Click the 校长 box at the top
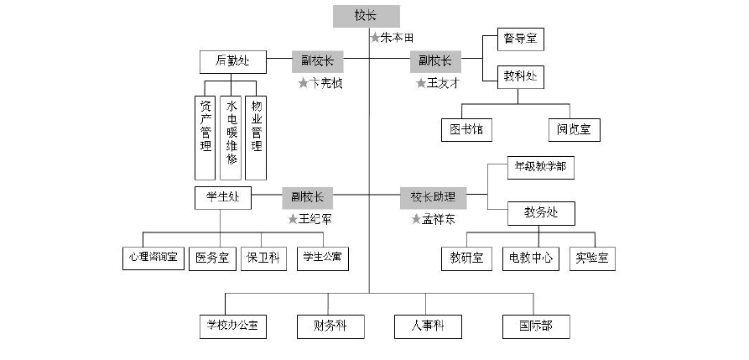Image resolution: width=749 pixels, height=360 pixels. (x=366, y=16)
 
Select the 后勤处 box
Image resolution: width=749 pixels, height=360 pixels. (x=232, y=61)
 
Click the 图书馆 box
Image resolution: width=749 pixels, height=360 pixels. (x=466, y=130)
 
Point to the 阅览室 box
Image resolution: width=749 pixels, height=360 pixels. (x=574, y=130)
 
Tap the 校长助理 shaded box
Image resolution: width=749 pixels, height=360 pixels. (x=433, y=197)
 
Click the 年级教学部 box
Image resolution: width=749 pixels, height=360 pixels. (x=540, y=167)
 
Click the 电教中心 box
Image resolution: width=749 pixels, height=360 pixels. (x=529, y=258)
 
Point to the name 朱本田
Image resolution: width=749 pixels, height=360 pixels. (x=398, y=38)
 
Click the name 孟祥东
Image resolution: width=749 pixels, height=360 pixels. (x=438, y=219)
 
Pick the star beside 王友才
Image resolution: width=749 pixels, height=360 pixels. (x=421, y=83)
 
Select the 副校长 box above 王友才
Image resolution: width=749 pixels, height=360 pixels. (x=434, y=61)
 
